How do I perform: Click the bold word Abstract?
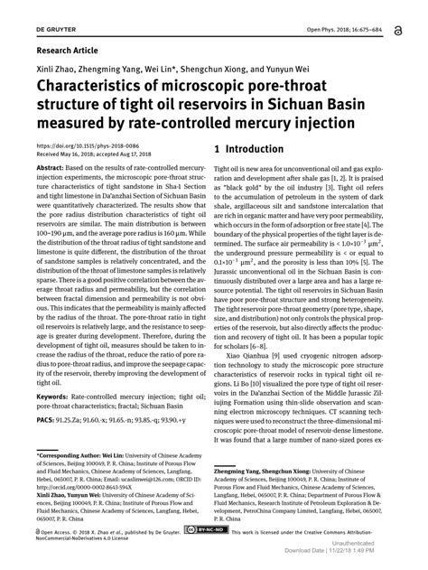53,169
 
